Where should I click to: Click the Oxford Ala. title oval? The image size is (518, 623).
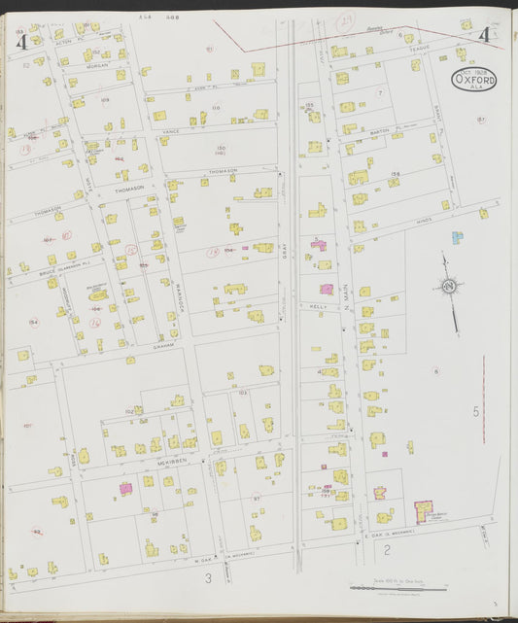click(473, 79)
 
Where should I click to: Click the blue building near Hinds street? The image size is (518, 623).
click(457, 237)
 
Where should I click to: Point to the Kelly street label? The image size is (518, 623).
click(316, 304)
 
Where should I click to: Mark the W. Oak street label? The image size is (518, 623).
click(205, 557)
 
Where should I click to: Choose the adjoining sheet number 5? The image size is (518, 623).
click(476, 412)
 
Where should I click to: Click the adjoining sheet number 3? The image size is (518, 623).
click(207, 579)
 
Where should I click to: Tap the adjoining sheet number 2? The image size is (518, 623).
click(387, 551)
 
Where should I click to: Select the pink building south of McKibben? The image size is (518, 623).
click(125, 488)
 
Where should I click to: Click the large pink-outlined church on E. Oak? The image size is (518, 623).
click(425, 512)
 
